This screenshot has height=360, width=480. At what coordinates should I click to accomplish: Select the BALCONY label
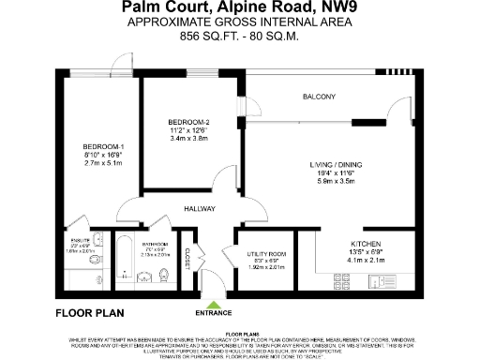[320, 97]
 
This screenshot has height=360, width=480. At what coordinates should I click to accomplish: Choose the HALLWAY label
[200, 209]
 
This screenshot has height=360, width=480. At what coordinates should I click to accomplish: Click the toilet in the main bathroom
[164, 276]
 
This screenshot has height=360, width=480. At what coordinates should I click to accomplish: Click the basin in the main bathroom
[144, 277]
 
